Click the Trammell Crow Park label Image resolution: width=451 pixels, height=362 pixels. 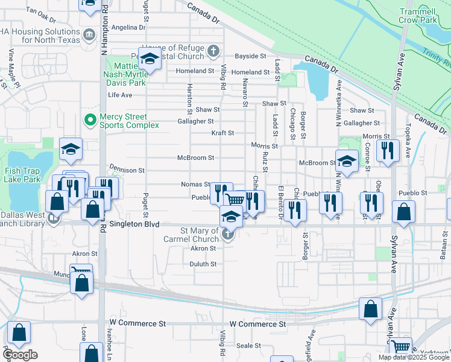[417, 15]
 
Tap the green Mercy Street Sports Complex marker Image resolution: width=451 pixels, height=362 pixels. [90, 121]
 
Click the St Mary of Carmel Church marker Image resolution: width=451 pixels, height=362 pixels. [228, 235]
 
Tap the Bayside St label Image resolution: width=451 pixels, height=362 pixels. [251, 56]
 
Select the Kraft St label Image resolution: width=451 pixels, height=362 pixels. [222, 133]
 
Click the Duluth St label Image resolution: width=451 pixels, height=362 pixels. [204, 264]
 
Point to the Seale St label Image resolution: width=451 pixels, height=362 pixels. [248, 346]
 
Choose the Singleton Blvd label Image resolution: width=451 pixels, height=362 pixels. [131, 224]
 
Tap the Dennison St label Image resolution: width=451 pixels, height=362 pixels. [127, 171]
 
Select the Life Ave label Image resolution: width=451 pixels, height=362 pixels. [120, 95]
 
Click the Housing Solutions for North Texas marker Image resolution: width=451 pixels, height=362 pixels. [90, 34]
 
